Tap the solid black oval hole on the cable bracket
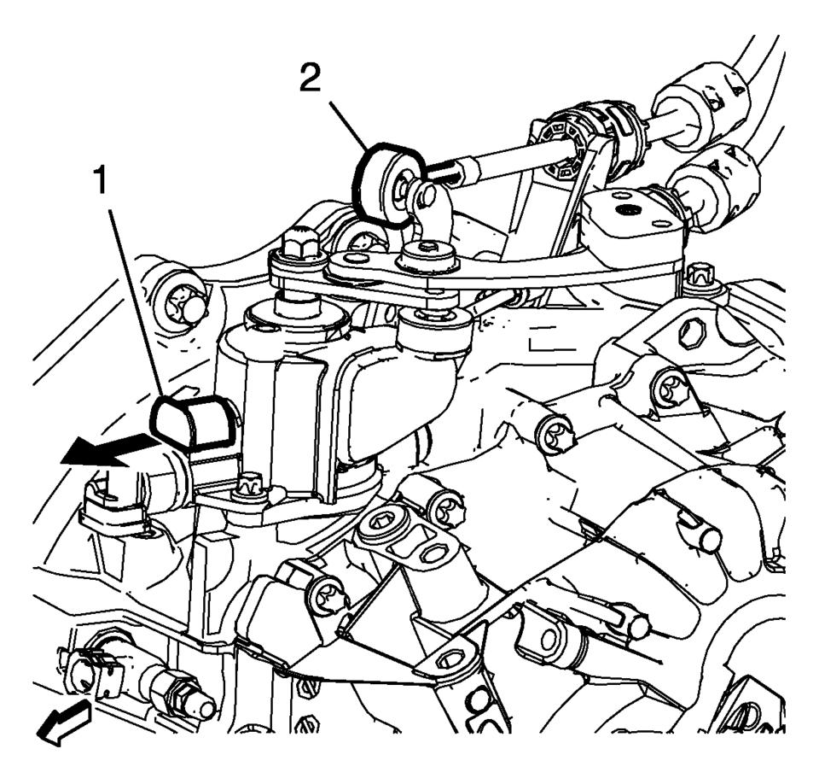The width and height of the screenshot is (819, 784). pos(626,211)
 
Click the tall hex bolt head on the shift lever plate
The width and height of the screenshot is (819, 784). pos(299,243)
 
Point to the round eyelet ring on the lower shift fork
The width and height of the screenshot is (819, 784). pos(548,639)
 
